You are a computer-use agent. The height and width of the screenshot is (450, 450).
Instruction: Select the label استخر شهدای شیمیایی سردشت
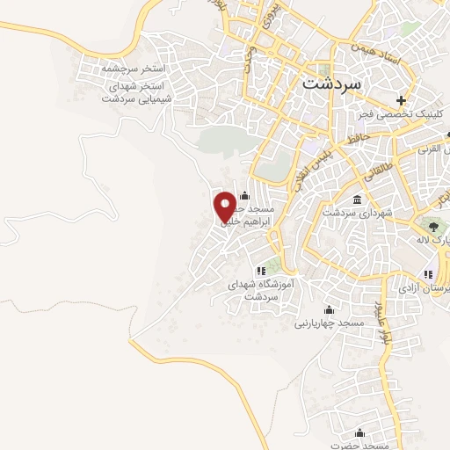tap(134, 94)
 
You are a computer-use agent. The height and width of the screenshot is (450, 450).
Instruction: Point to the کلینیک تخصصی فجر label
tap(400, 114)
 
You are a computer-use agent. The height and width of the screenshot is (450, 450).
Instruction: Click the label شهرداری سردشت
tap(356, 213)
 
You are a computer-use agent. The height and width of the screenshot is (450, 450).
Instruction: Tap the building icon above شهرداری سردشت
tap(356, 200)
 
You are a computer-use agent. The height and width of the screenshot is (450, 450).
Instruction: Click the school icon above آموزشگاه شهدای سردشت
tap(260, 271)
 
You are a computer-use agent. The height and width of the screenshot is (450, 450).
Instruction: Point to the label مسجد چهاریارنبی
tap(329, 323)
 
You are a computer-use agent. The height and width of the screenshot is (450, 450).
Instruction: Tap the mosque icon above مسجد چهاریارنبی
tap(329, 309)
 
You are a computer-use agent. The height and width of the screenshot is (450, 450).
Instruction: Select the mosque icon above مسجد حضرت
tap(359, 432)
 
